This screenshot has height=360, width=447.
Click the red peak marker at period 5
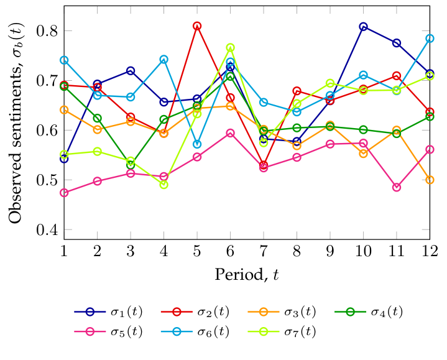(197, 26)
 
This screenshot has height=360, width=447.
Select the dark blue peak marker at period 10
(363, 27)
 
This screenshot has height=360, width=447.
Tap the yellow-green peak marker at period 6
(230, 48)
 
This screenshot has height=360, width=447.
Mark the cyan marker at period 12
(430, 39)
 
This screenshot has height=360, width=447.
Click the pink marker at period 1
(64, 193)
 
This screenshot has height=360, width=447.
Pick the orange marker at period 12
(430, 180)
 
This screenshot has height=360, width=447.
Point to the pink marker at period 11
(397, 187)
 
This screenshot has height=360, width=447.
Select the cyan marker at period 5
(197, 144)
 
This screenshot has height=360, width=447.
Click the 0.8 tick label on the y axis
(49, 31)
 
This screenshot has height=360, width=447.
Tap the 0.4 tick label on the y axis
(49, 230)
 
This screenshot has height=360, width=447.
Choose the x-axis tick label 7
(264, 251)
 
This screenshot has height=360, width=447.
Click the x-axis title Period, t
(247, 274)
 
